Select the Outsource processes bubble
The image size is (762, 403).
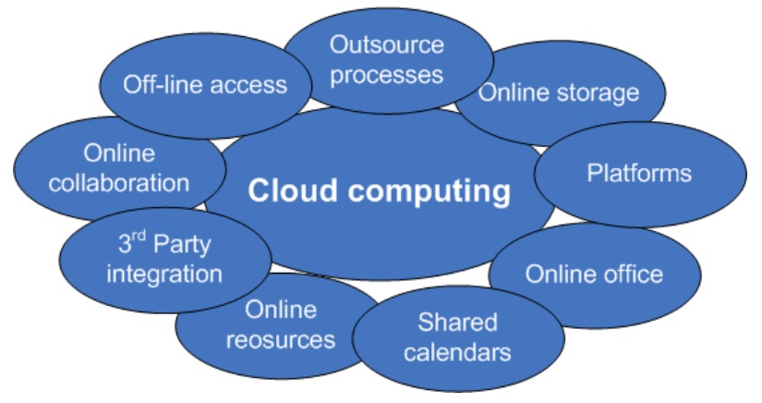[x=387, y=58]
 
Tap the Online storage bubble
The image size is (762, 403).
[x=559, y=92]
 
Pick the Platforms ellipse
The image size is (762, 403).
[x=639, y=173]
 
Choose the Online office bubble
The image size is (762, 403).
[x=594, y=274]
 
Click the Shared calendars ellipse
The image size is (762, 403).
[x=457, y=337]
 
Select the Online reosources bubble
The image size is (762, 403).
[x=281, y=324]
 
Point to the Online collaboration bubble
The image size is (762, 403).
[x=118, y=167]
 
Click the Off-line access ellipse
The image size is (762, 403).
[x=205, y=85]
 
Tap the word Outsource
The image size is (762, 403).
[x=387, y=44]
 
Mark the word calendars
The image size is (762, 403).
[x=457, y=352]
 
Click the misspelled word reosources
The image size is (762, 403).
[x=281, y=340]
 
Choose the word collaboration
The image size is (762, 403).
[x=118, y=182]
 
